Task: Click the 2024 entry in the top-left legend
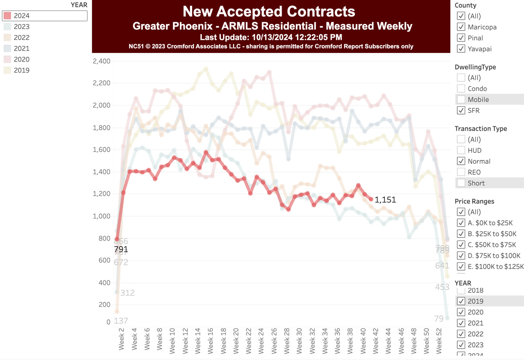(x=22, y=16)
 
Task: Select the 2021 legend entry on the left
(x=22, y=48)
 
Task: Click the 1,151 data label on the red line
(x=385, y=200)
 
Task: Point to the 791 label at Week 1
(x=121, y=249)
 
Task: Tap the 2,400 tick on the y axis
(x=102, y=61)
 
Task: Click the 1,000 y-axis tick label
(x=102, y=216)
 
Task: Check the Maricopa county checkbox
(x=461, y=27)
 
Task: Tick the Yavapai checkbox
(x=461, y=49)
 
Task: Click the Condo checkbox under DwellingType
(x=461, y=89)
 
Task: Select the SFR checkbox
(x=461, y=111)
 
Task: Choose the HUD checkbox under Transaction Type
(x=461, y=150)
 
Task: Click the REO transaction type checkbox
(x=461, y=172)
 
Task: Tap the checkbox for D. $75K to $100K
(x=461, y=256)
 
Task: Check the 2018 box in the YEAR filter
(x=461, y=291)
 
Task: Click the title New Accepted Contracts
(x=269, y=11)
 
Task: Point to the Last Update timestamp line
(x=271, y=37)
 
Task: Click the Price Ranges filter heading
(x=475, y=201)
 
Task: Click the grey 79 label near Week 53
(x=439, y=319)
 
